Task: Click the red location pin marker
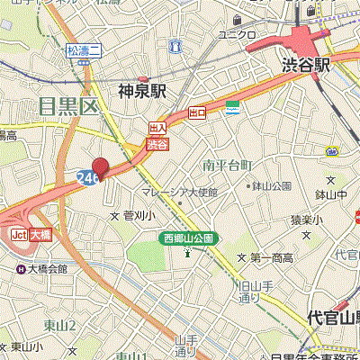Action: (100, 167)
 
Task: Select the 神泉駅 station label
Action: (144, 90)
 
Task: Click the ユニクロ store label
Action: (238, 35)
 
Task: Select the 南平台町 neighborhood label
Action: (228, 166)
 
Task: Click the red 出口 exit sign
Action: (198, 112)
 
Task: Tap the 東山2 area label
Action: (60, 325)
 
